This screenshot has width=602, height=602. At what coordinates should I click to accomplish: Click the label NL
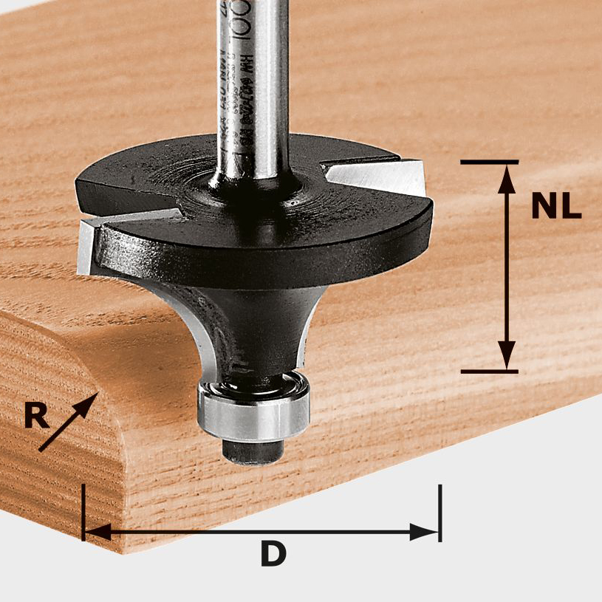[555, 208]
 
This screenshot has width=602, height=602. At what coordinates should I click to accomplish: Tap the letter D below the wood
[273, 554]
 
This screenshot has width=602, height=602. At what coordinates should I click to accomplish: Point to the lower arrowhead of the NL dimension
[506, 357]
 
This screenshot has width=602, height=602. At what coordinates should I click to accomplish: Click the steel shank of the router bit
[251, 89]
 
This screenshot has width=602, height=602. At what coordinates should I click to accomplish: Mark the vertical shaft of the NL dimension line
[506, 266]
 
